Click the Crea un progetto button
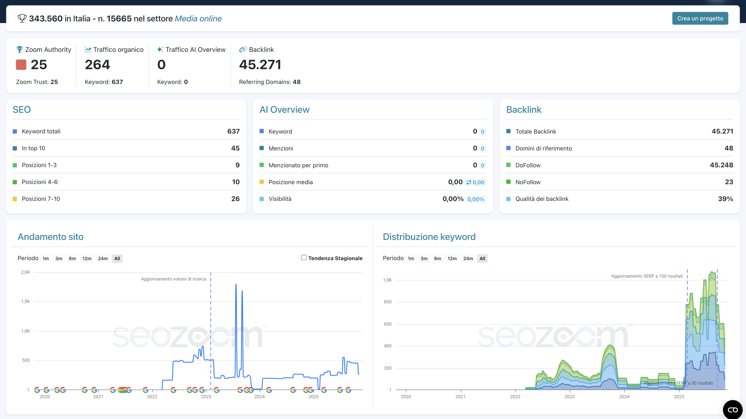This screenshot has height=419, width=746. tap(700, 18)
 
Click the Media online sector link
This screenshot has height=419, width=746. tap(198, 19)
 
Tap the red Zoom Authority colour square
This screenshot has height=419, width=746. tap(21, 64)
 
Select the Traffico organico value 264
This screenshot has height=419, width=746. tap(97, 64)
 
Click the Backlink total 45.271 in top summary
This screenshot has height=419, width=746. tap(260, 64)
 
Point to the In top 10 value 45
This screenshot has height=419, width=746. tap(235, 148)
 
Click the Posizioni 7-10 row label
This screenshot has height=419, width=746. tap(41, 199)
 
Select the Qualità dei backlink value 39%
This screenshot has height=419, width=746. tap(725, 199)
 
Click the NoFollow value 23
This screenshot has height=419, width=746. tap(729, 182)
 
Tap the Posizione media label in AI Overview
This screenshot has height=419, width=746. tap(291, 182)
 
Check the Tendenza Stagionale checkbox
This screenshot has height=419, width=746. tap(304, 257)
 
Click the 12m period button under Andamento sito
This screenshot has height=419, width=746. tap(87, 259)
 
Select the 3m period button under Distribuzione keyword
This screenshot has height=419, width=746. tap(424, 259)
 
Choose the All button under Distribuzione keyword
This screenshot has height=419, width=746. tap(482, 259)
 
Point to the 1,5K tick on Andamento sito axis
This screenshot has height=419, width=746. tap(26, 301)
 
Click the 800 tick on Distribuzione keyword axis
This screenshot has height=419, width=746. tap(388, 302)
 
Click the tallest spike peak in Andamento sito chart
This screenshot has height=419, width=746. tap(236, 285)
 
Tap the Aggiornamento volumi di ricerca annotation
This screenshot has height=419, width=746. tap(173, 279)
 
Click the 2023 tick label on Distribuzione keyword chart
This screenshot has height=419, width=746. tap(569, 397)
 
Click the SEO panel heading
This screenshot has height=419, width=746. tap(22, 110)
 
